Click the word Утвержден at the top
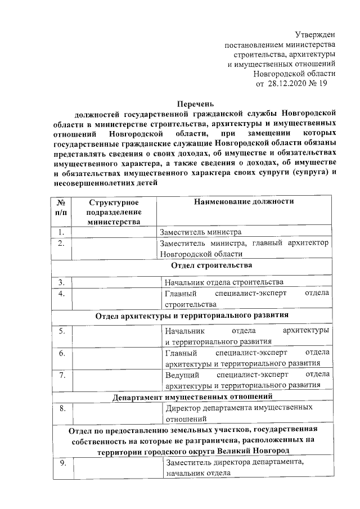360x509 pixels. (315, 35)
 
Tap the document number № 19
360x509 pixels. (317, 83)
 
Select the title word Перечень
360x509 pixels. (195, 105)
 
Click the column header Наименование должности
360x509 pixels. (244, 201)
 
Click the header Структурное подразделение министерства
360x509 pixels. (114, 211)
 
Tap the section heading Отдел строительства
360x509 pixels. (195, 265)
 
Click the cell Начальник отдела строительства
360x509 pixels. (224, 282)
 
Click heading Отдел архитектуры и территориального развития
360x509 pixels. (192, 315)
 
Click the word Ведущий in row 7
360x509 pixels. (180, 375)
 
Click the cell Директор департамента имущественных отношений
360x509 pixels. (238, 413)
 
